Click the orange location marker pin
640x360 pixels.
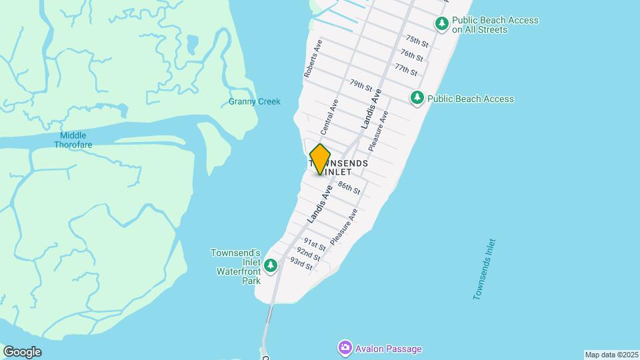pyautogui.click(x=320, y=159)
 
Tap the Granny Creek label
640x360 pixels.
pyautogui.click(x=255, y=102)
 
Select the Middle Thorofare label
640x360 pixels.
pyautogui.click(x=73, y=140)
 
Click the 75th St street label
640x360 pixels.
pyautogui.click(x=416, y=41)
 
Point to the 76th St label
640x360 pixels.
pyautogui.click(x=411, y=54)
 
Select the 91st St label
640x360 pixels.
pyautogui.click(x=314, y=243)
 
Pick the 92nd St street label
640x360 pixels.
pyautogui.click(x=309, y=253)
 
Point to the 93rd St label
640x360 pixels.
pyautogui.click(x=301, y=264)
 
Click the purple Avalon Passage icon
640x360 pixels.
pyautogui.click(x=345, y=347)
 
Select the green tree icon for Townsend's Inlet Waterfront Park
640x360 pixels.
pyautogui.click(x=271, y=266)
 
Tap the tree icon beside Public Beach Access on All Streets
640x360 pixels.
pyautogui.click(x=441, y=24)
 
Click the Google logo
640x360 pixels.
pyautogui.click(x=22, y=352)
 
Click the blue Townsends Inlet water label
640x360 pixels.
pyautogui.click(x=484, y=269)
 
